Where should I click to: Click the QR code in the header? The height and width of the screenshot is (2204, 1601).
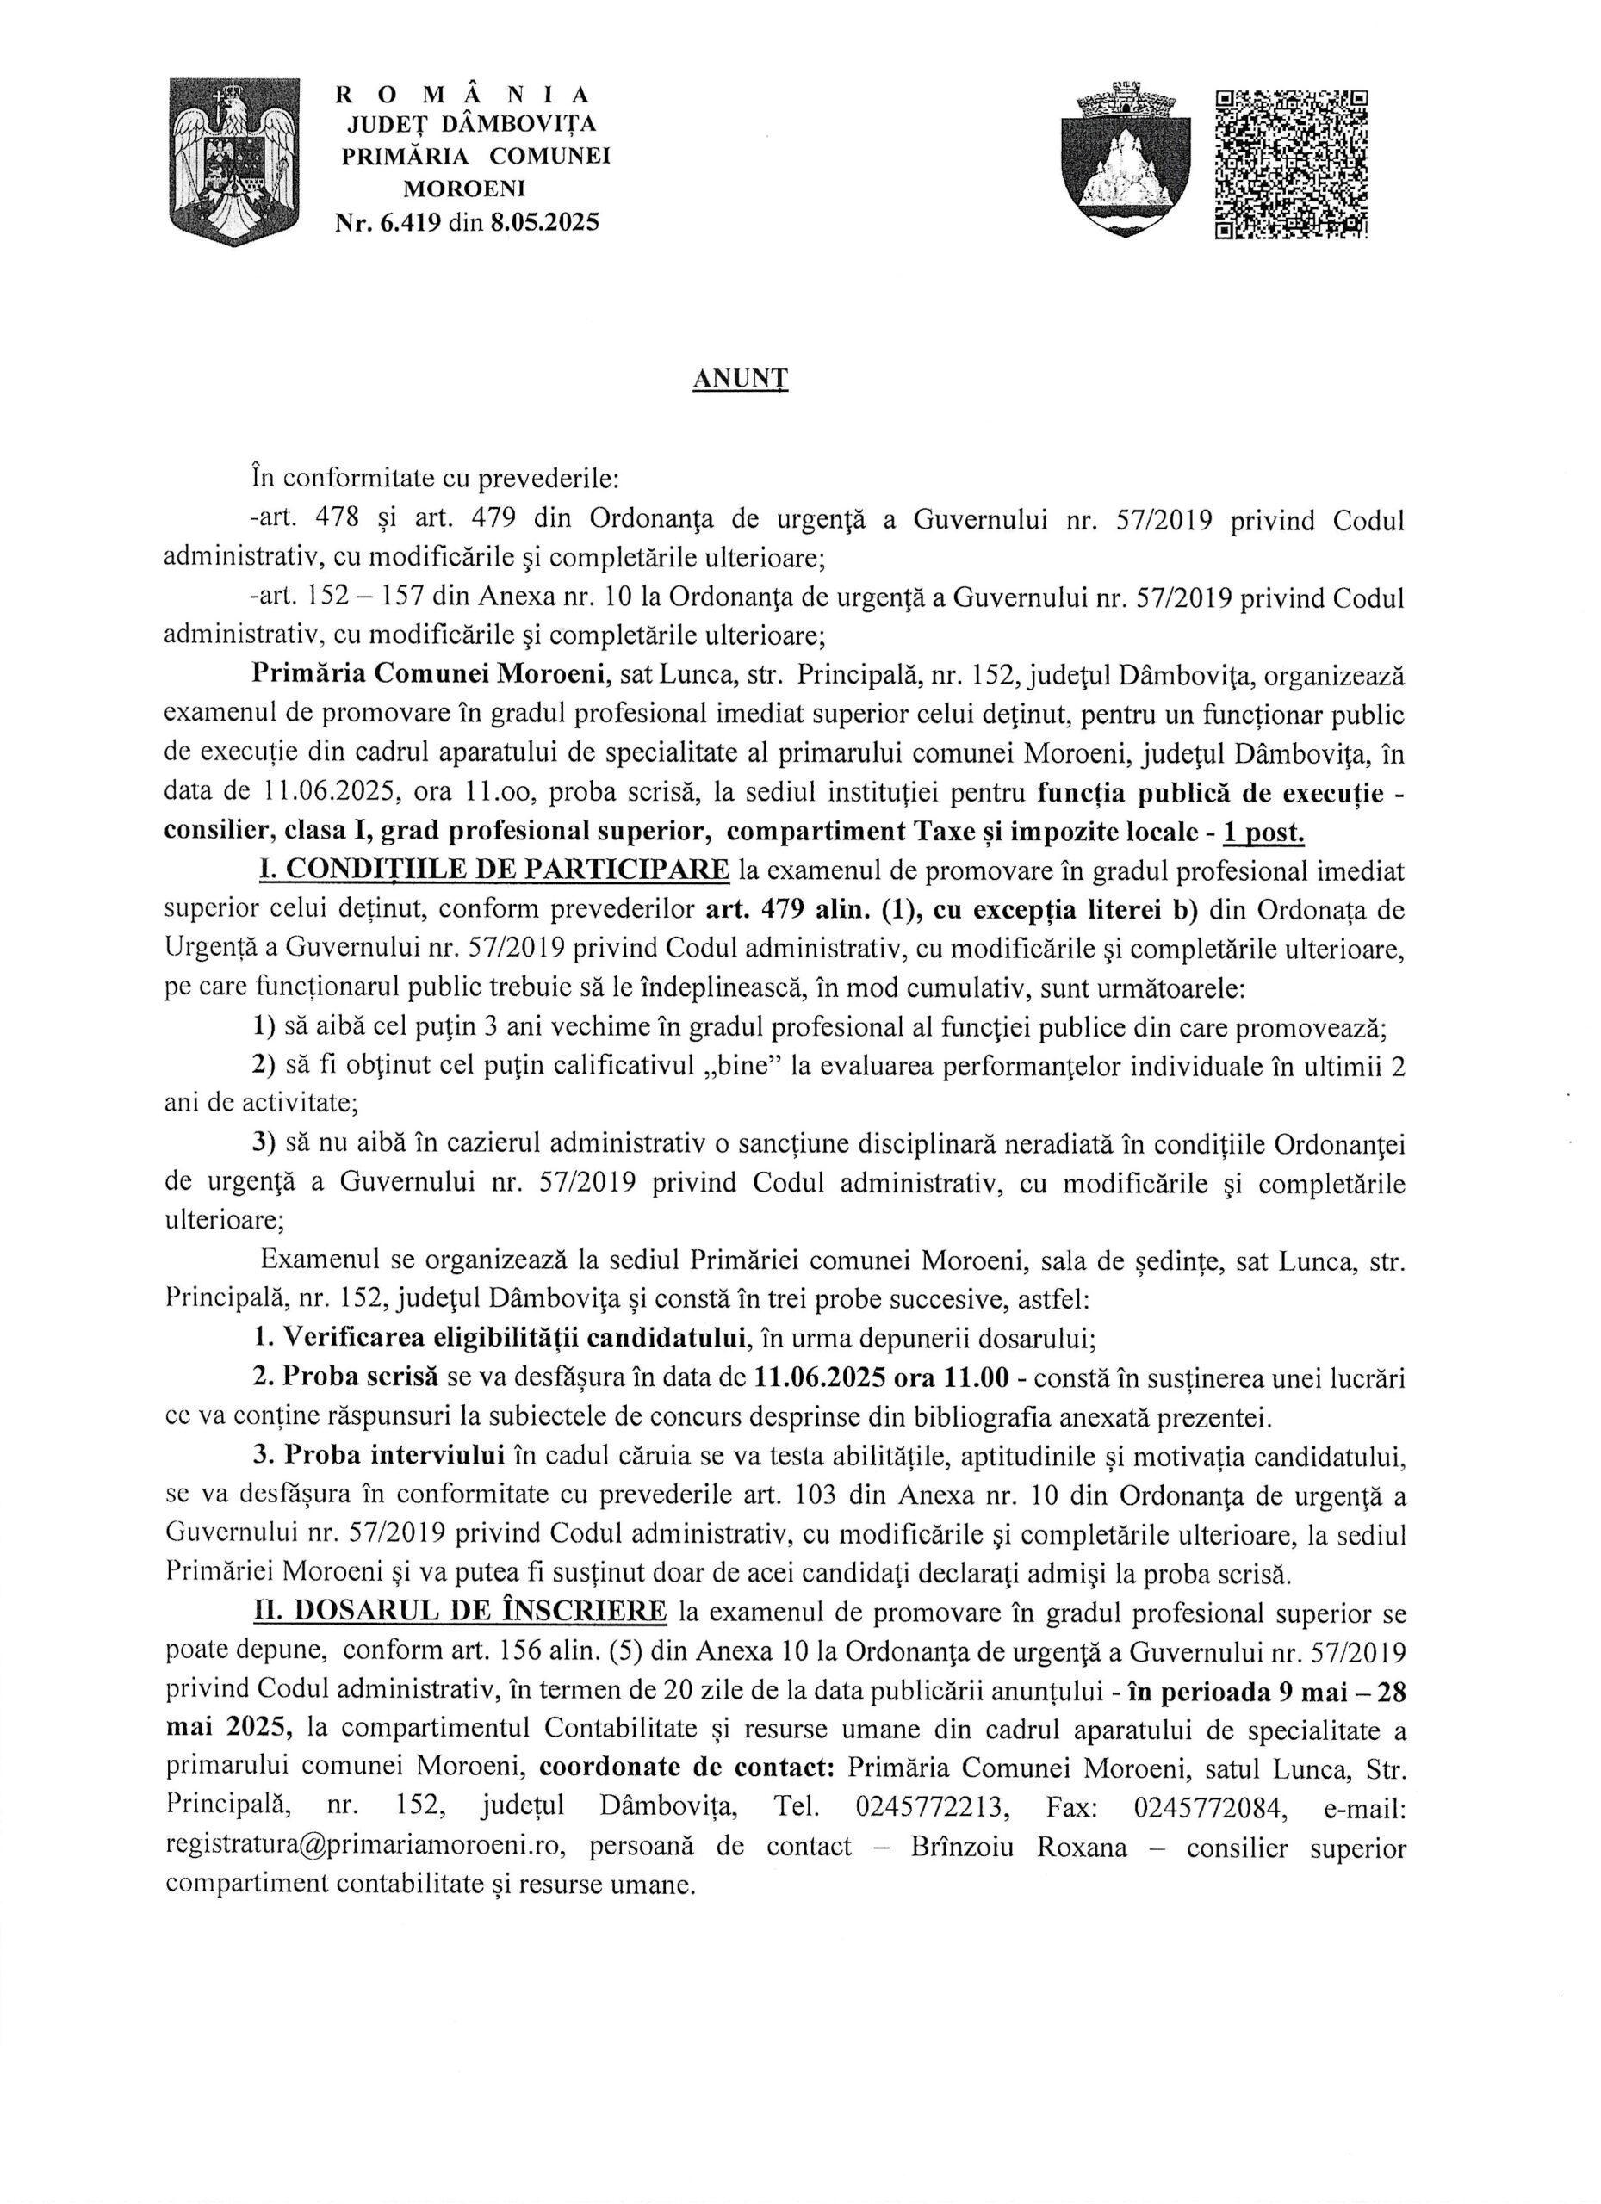tap(1291, 164)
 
